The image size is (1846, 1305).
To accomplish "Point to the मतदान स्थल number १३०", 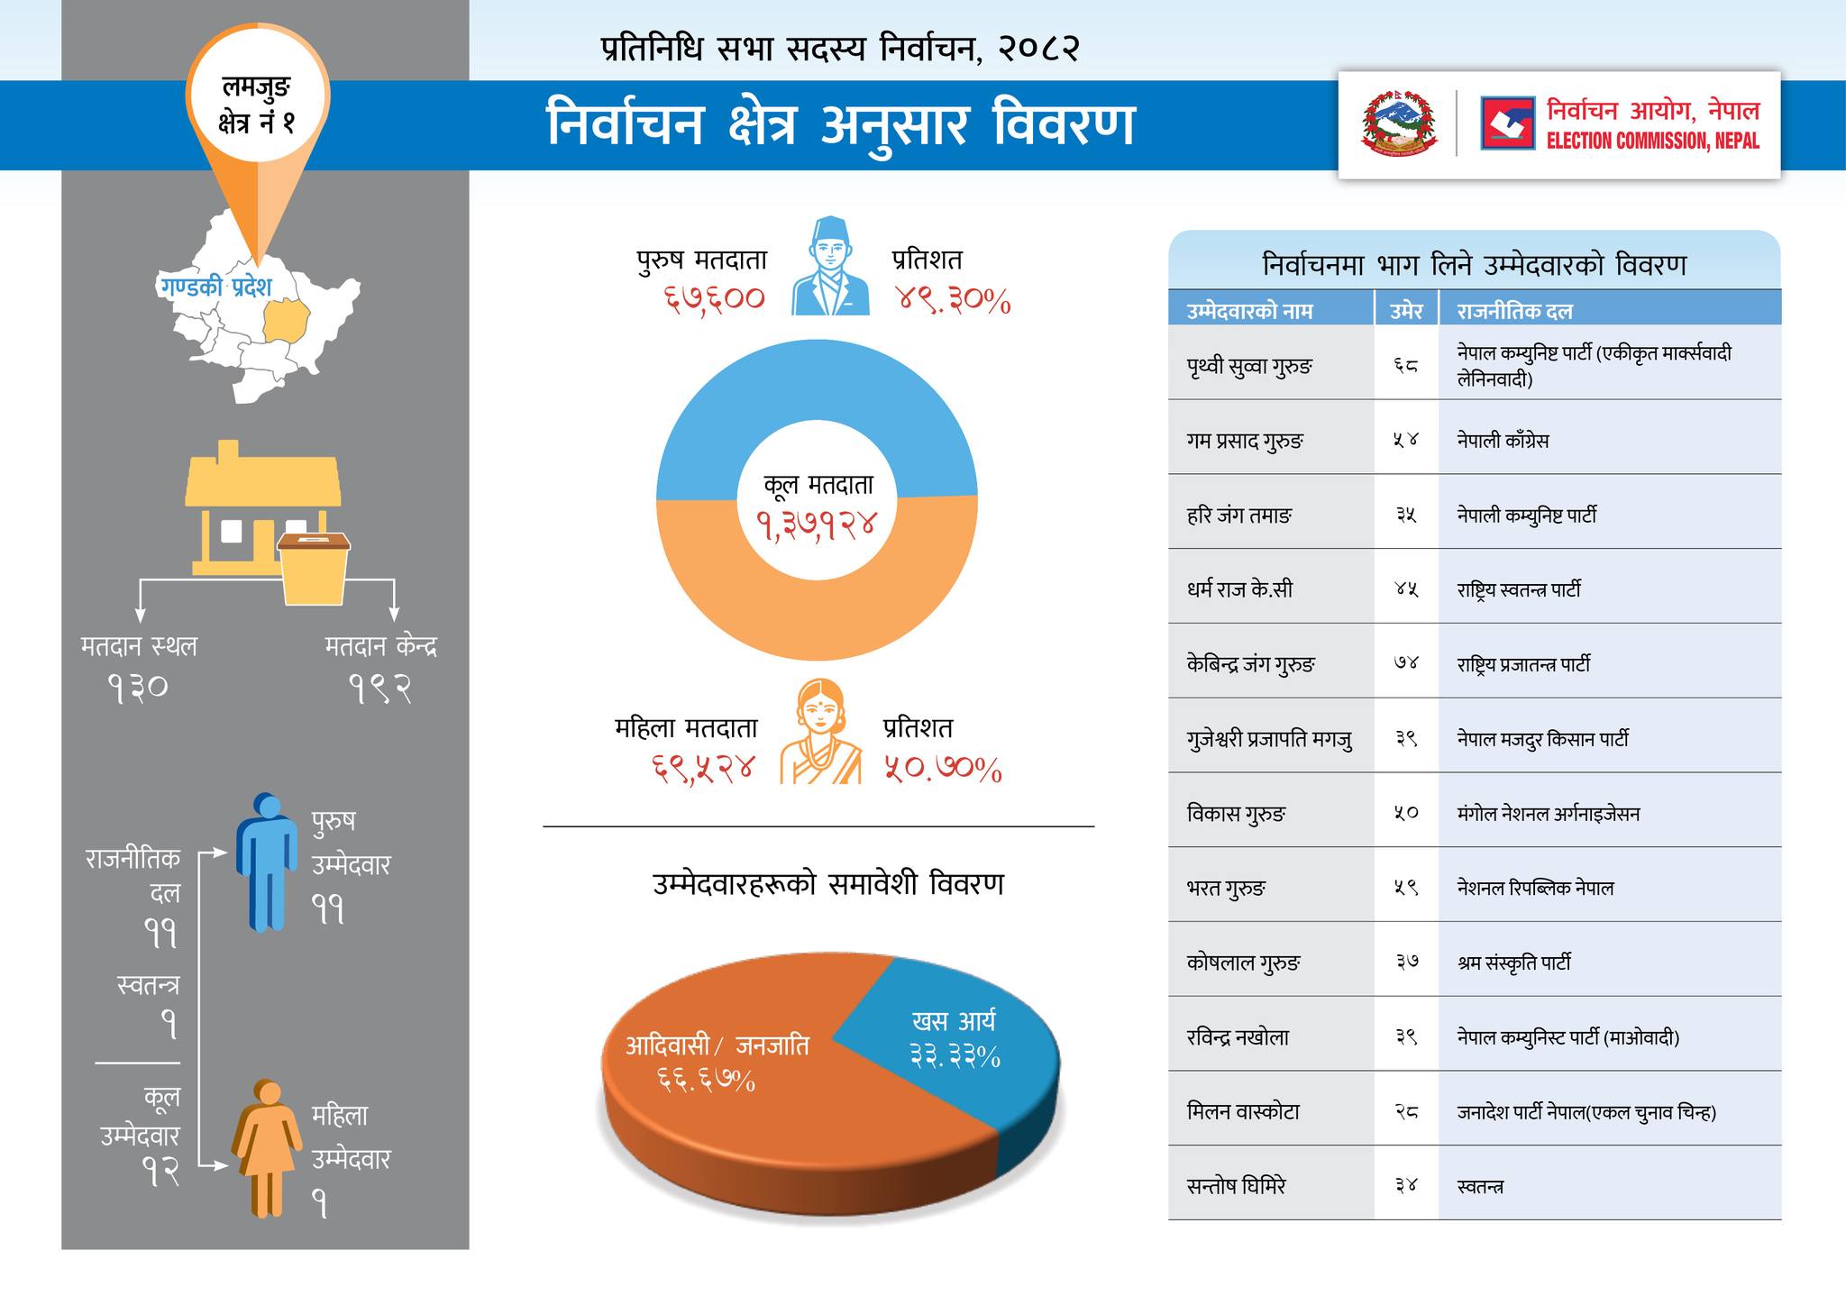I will click(x=138, y=689).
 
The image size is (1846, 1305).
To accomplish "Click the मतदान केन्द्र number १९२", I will click(x=380, y=689).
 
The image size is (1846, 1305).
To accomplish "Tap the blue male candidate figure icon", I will click(x=267, y=861).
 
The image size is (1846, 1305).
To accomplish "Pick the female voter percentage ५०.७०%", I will click(x=943, y=770).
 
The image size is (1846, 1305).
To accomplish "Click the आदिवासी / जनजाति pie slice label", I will click(x=717, y=1046).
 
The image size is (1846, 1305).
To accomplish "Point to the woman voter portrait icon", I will click(x=820, y=732).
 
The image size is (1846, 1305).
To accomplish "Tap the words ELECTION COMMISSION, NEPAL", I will click(x=1652, y=141).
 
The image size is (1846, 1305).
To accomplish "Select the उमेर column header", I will click(x=1405, y=311).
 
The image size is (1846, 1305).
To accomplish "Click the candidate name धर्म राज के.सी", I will click(x=1239, y=590).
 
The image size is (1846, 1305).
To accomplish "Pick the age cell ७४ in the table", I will click(x=1405, y=664).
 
